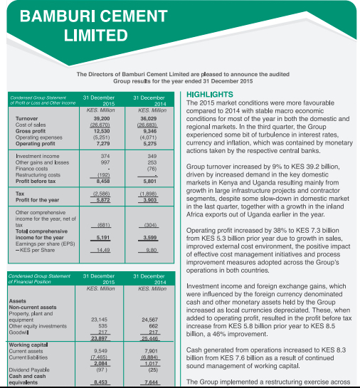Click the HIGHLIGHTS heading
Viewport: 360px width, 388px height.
point(209,95)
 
